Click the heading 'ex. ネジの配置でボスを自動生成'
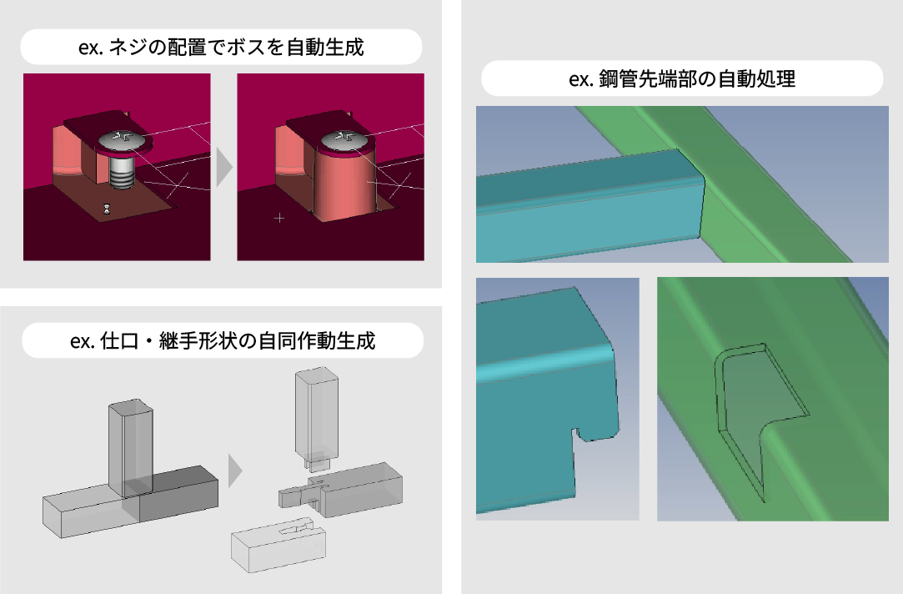[x=220, y=48]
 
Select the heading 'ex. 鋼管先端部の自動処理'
[x=681, y=79]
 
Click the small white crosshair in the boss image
[x=278, y=219]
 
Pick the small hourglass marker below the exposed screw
[x=106, y=209]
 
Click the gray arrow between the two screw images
[x=223, y=168]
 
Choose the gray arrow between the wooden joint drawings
[x=234, y=471]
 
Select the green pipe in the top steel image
[x=750, y=184]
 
